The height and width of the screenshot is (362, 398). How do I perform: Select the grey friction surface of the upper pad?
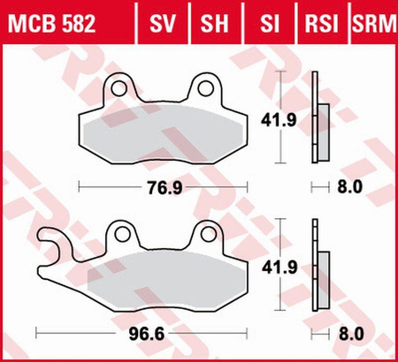pos(164,132)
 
